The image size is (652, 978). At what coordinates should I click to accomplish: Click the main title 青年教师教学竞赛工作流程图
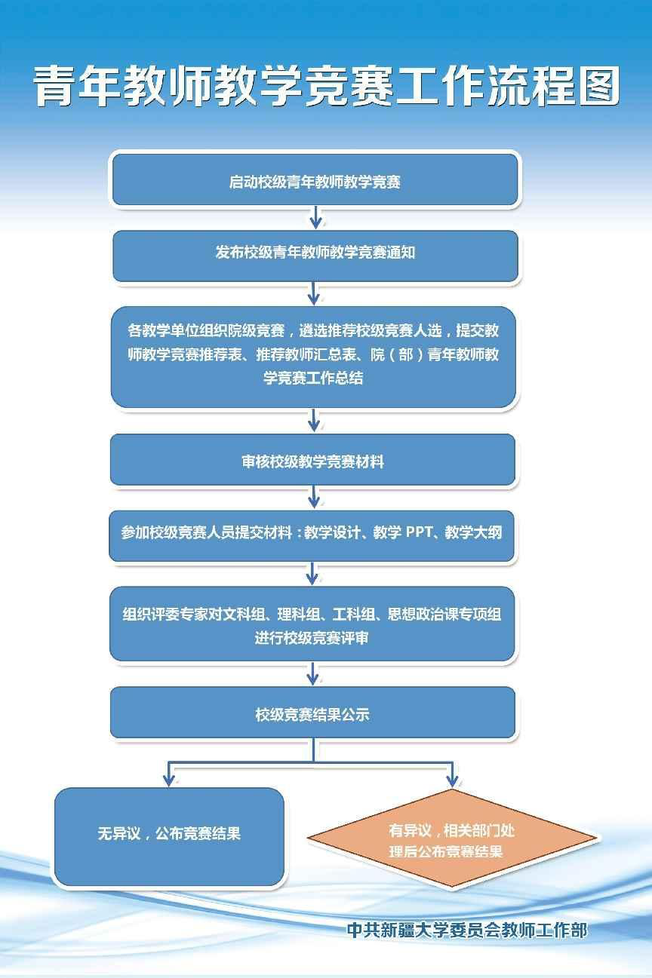click(x=327, y=85)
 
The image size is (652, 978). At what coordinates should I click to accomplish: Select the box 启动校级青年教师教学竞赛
click(x=315, y=179)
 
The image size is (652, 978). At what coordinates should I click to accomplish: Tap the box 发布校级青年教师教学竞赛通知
click(x=315, y=256)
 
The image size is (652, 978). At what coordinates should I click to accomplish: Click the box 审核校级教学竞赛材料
click(x=313, y=459)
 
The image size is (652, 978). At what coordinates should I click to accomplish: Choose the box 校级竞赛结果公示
click(x=313, y=712)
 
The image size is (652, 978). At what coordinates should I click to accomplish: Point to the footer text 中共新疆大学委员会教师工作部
click(x=467, y=930)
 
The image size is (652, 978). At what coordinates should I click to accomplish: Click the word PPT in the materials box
click(x=419, y=532)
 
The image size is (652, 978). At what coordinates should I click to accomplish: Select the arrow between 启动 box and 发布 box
click(x=315, y=217)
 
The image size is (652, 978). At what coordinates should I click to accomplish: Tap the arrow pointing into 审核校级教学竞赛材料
click(x=314, y=420)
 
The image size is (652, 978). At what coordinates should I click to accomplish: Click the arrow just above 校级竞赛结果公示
click(x=312, y=673)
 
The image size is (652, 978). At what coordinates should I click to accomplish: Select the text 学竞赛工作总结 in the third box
click(x=313, y=378)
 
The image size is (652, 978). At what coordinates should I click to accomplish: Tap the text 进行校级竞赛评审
click(x=312, y=638)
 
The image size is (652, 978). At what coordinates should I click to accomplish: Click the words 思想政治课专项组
click(x=444, y=615)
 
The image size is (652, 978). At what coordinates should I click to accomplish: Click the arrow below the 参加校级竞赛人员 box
click(x=312, y=573)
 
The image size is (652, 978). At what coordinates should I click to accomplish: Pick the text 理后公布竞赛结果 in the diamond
click(x=446, y=851)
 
